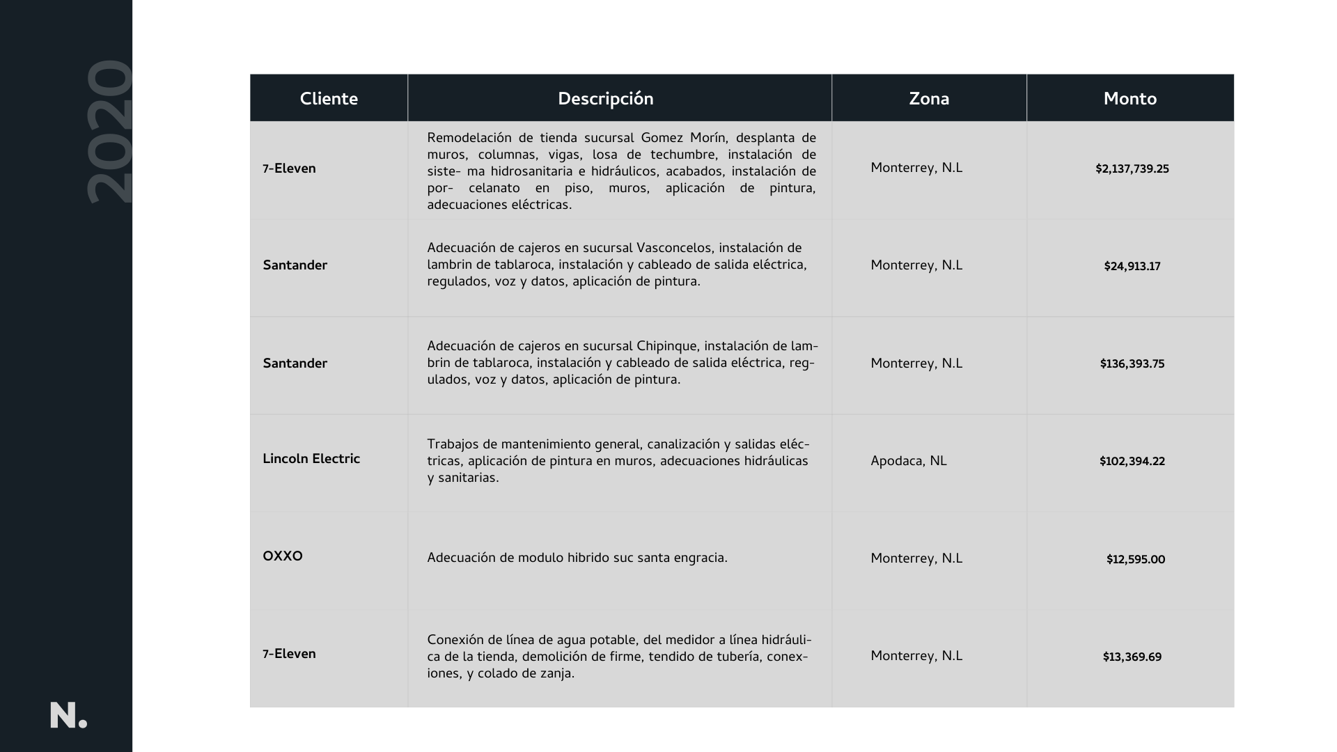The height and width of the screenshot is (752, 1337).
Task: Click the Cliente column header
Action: point(329,99)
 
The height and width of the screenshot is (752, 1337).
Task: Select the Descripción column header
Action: point(605,99)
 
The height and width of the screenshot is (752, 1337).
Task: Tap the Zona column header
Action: point(929,99)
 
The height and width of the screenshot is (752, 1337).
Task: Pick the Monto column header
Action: point(1129,99)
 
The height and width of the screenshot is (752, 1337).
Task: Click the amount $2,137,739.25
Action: point(1132,169)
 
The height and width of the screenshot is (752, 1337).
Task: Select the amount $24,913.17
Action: point(1132,267)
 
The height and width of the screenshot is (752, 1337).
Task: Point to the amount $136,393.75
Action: point(1132,364)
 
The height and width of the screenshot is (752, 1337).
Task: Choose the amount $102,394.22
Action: point(1132,462)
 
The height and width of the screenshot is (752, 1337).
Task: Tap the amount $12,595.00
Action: point(1135,560)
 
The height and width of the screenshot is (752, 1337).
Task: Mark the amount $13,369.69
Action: point(1132,657)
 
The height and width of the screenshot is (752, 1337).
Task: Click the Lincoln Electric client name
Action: point(311,460)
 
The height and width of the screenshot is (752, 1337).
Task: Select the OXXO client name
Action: point(283,557)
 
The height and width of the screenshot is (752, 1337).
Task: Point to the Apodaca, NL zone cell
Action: point(908,462)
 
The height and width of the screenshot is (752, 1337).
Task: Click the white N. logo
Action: point(68,716)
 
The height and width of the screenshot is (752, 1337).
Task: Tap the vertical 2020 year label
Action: point(110,132)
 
